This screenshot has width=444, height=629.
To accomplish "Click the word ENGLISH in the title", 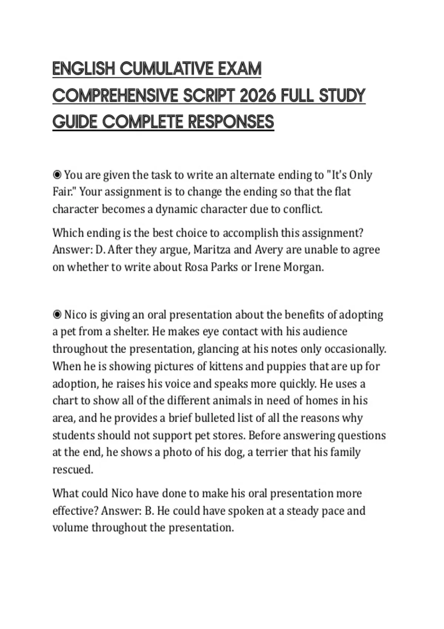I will point(84,69).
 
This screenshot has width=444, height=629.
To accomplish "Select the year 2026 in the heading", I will point(258,96).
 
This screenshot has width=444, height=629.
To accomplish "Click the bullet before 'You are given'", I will point(57,174).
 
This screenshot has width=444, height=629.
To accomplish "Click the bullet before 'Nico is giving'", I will point(57,314).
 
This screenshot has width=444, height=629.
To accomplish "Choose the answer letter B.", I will point(149,511).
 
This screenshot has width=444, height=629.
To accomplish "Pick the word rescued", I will point(73,470).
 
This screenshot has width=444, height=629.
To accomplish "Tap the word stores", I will point(228,435).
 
